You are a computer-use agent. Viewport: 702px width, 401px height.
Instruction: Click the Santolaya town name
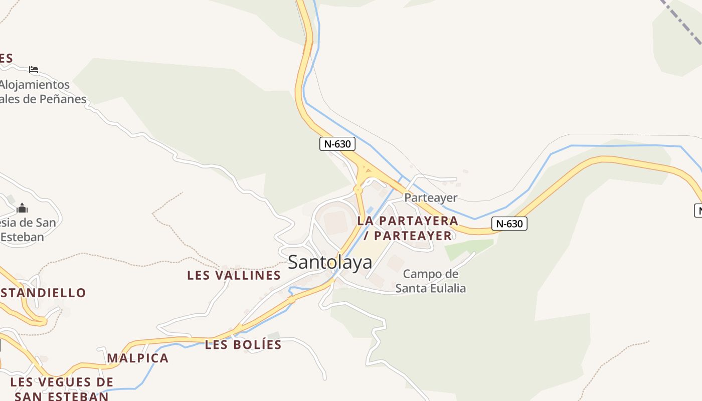(330, 262)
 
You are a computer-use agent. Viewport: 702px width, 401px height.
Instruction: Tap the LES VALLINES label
(234, 275)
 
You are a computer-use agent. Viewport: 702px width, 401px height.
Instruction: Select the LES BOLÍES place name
(243, 345)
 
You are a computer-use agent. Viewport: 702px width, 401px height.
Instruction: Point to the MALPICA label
(138, 358)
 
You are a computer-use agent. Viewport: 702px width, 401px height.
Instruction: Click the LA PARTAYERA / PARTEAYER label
(408, 228)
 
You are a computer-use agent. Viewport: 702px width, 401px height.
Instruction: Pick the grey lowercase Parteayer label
(431, 197)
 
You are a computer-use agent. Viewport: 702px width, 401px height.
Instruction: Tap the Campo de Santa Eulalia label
(431, 281)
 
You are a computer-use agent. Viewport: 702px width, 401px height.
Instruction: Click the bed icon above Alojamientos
(34, 69)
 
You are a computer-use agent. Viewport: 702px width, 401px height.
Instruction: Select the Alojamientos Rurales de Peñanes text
(40, 92)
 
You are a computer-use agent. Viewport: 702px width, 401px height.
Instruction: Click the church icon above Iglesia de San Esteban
(22, 208)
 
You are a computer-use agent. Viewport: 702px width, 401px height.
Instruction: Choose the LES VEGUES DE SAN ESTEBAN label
(62, 389)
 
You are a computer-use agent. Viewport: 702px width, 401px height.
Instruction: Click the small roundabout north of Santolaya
(358, 190)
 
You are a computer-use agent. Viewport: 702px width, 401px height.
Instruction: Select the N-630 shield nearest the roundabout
(337, 144)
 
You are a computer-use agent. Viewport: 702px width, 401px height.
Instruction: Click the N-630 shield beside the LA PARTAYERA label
(509, 224)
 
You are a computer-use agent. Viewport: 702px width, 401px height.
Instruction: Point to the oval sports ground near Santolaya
(334, 221)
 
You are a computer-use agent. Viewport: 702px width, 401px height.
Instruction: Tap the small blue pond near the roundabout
(370, 210)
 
